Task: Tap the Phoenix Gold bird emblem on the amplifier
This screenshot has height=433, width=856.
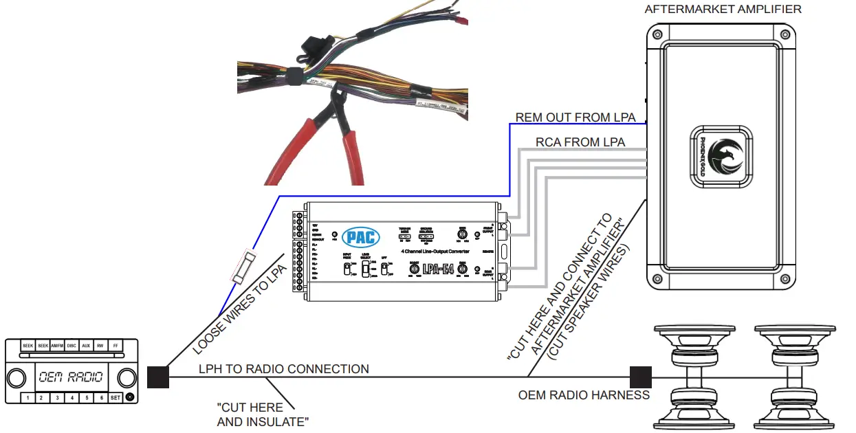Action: tap(722, 157)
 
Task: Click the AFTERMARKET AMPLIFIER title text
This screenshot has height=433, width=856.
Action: tap(723, 9)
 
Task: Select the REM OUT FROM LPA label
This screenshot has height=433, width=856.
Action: tap(575, 118)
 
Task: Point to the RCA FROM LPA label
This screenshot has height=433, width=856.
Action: tap(580, 142)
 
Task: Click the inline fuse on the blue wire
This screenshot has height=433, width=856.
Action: tap(243, 268)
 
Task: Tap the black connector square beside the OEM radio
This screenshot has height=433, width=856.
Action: tap(157, 377)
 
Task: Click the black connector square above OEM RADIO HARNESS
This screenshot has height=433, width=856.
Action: tap(640, 377)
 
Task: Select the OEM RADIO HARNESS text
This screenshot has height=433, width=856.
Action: tap(584, 395)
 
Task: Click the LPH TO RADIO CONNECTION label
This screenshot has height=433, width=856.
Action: tap(283, 369)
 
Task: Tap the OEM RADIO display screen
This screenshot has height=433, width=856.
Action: tap(70, 377)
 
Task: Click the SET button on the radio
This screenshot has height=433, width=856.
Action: tap(115, 397)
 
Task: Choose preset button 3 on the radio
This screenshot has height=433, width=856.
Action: tap(56, 397)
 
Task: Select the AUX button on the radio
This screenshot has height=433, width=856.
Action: tap(85, 346)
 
